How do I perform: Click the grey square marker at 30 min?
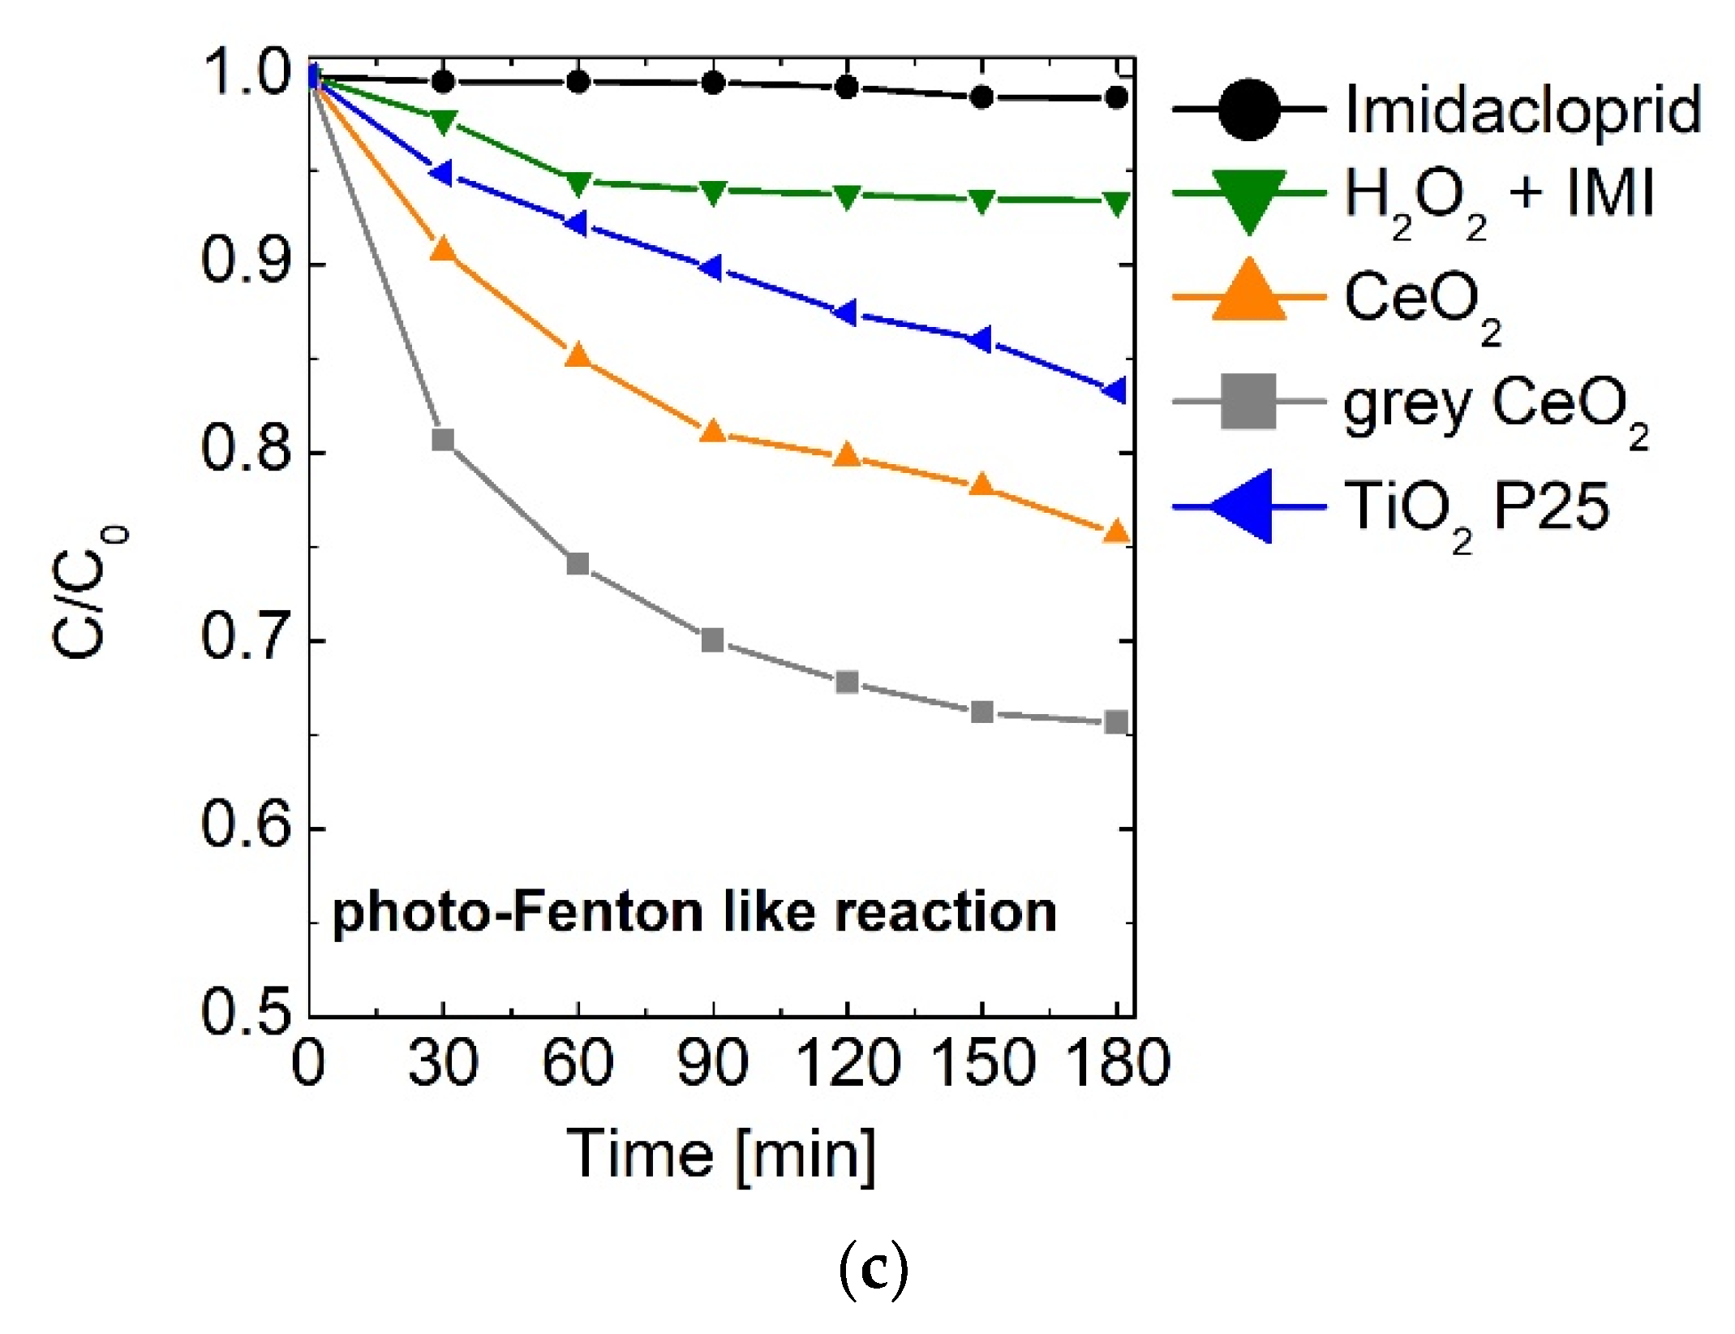click(443, 441)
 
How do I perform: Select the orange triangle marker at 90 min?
click(713, 432)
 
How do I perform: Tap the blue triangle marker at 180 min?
click(1116, 390)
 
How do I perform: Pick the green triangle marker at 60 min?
click(578, 183)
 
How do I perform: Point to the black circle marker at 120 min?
click(847, 88)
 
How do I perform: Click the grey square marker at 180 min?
click(1117, 722)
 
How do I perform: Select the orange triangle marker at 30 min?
click(443, 250)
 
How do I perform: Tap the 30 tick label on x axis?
click(443, 1062)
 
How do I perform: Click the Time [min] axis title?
click(721, 1155)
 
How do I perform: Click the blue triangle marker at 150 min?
click(981, 340)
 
